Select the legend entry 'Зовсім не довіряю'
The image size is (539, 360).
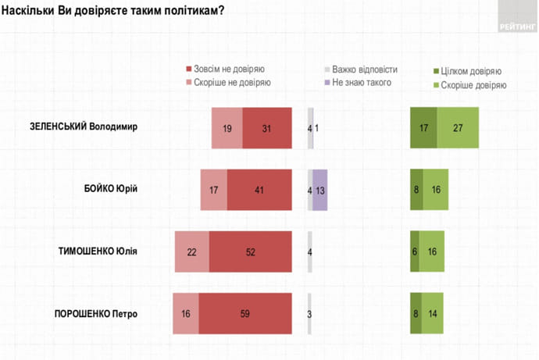click(x=227, y=69)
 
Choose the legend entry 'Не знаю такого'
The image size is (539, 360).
click(x=361, y=82)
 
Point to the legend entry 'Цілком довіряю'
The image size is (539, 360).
click(x=471, y=70)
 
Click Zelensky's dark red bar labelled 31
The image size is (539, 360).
click(x=266, y=127)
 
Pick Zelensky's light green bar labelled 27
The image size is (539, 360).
click(x=458, y=127)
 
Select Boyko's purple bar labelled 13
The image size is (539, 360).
click(x=319, y=188)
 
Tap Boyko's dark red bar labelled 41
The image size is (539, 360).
click(x=259, y=188)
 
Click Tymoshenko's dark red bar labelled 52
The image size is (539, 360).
click(x=250, y=251)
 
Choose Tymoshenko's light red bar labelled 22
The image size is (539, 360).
click(x=191, y=251)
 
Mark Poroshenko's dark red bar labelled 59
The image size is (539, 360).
click(x=245, y=314)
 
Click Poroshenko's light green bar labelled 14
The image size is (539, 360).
click(x=433, y=314)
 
